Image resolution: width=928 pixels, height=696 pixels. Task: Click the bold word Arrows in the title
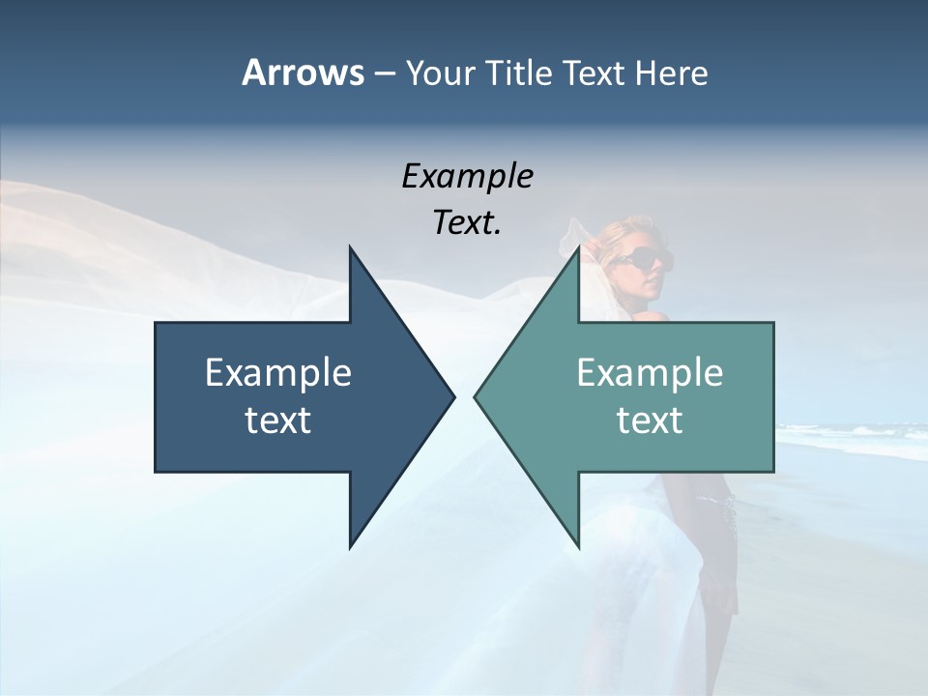coord(303,72)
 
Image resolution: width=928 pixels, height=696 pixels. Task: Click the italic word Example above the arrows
coord(467,176)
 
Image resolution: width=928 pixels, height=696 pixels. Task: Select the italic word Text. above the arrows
coord(467,223)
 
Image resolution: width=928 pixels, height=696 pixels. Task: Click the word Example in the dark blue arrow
coord(278,372)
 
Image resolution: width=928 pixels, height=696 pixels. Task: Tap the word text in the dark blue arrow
coord(278,420)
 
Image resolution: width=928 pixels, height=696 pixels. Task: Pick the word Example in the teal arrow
coord(650,372)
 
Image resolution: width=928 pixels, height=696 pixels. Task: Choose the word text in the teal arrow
coord(650,420)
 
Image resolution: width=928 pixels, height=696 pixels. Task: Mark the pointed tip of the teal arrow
coord(476,396)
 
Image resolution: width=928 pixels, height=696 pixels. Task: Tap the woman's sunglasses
coord(640,259)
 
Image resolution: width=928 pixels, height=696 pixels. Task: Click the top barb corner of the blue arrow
coord(350,247)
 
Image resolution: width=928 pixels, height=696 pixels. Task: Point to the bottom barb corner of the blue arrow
coord(350,546)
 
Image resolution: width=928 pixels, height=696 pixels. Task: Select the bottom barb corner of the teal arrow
coord(578,546)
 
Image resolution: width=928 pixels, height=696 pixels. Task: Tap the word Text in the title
coord(594,73)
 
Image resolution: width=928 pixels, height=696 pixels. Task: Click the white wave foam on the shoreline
coord(851,440)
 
